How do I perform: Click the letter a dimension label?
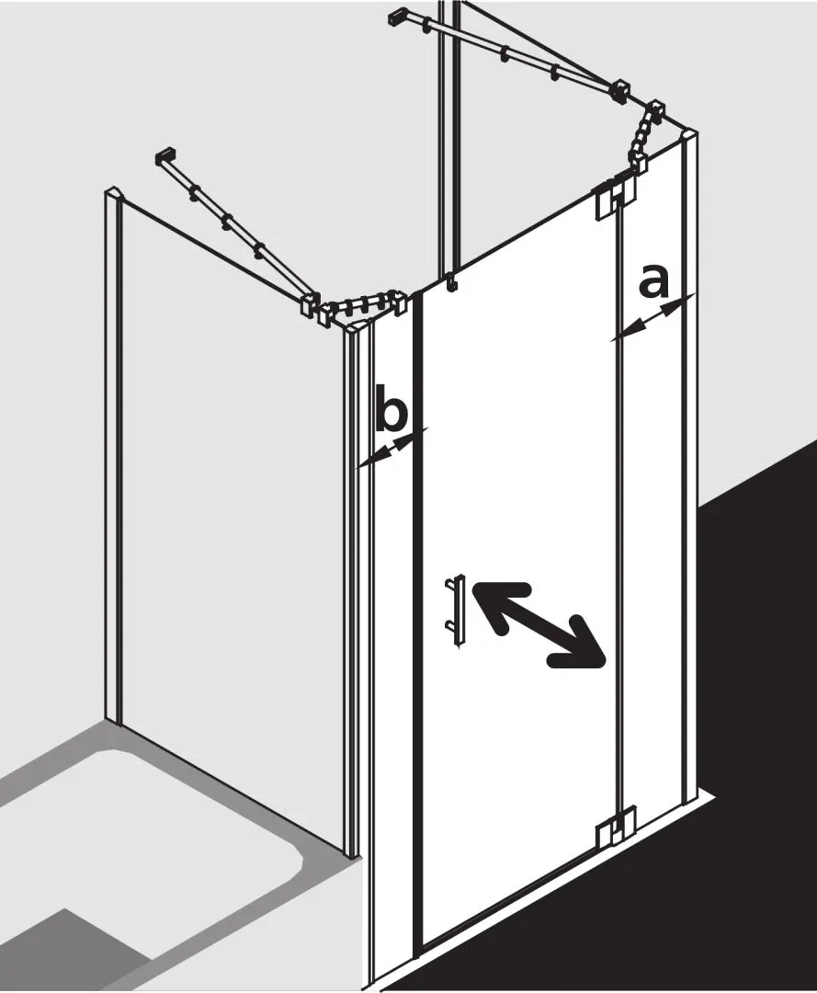pos(653,282)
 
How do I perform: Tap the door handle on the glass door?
pos(457,611)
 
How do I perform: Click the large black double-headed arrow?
pos(539,623)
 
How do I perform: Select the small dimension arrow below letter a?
pos(652,317)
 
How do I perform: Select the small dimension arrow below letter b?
pos(392,447)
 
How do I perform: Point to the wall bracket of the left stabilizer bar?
pos(165,156)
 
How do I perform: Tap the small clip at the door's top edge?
pos(450,283)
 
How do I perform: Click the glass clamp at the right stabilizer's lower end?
pos(620,90)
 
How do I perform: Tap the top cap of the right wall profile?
pos(688,135)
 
